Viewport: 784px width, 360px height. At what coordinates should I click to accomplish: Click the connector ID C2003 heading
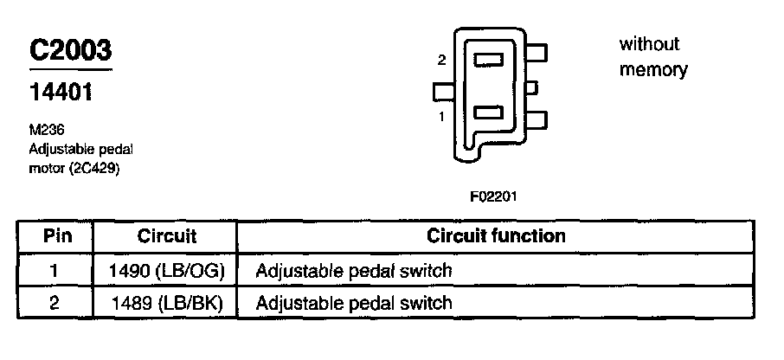tap(71, 50)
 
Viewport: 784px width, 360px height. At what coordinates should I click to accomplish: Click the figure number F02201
tap(493, 196)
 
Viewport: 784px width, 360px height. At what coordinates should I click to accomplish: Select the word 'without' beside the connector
tap(650, 44)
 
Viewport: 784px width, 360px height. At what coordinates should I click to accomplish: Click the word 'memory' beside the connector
tap(653, 70)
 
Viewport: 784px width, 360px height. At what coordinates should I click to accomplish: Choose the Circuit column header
tap(167, 236)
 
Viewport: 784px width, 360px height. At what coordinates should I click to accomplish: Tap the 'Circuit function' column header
tap(497, 235)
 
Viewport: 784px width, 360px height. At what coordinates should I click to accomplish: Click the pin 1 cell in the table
tap(55, 271)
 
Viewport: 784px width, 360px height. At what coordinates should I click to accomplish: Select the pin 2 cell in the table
tap(55, 303)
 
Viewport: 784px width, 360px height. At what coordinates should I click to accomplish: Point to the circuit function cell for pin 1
tap(354, 271)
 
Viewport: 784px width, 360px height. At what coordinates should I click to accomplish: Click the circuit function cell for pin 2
tap(354, 303)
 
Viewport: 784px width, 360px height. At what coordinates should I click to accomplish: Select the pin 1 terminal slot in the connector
tap(489, 112)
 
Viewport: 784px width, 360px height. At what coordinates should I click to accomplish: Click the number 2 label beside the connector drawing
tap(442, 61)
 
